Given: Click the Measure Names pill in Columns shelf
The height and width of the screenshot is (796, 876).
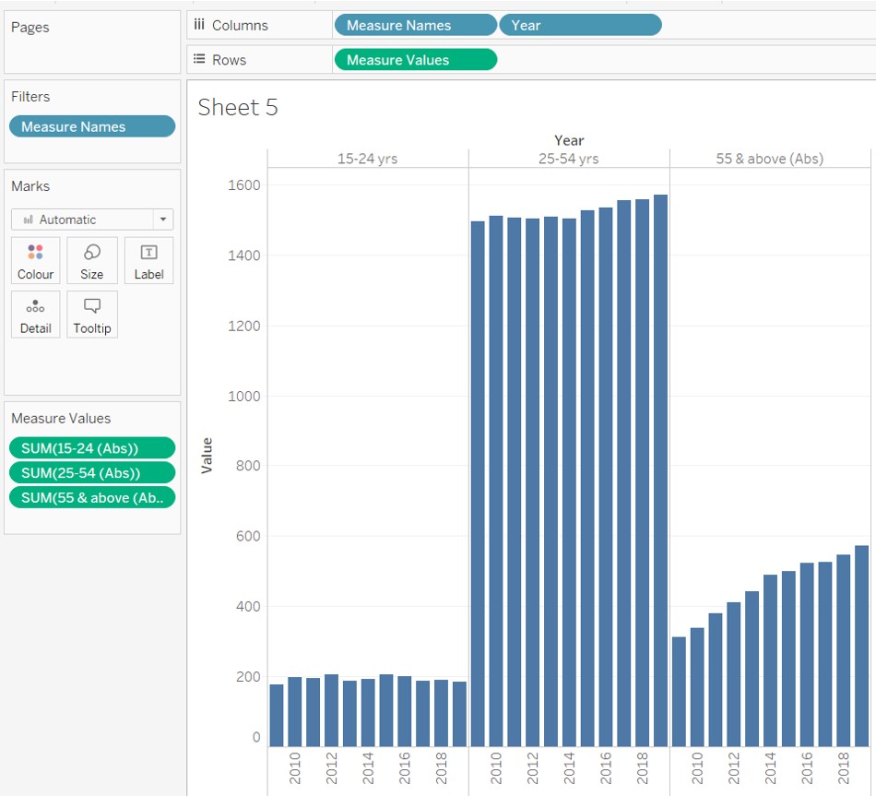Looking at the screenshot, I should tap(415, 25).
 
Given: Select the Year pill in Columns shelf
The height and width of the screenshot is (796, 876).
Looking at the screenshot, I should tap(580, 25).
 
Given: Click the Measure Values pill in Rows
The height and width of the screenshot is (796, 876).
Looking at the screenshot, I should tap(415, 60).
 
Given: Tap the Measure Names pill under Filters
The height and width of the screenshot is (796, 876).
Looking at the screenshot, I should tap(91, 126).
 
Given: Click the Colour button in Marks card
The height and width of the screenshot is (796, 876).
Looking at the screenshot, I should tap(36, 261).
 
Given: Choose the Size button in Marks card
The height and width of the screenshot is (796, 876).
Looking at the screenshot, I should tap(92, 261).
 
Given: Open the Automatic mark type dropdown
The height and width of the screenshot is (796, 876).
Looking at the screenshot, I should tap(92, 220).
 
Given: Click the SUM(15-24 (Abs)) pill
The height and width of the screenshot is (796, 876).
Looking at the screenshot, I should tap(91, 448).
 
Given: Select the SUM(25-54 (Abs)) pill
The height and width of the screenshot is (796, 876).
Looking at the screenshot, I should tap(91, 473).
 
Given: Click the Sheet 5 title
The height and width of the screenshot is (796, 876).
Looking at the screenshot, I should tap(238, 108).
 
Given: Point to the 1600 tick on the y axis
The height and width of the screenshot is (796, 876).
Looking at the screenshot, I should tap(243, 185).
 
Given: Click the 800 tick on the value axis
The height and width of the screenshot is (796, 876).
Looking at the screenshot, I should tap(243, 466).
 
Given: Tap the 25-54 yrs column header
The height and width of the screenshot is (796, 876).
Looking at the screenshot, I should tap(569, 159).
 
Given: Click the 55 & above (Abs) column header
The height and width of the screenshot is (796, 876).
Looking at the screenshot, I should tap(769, 159).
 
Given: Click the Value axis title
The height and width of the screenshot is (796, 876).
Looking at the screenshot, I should tap(207, 456).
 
